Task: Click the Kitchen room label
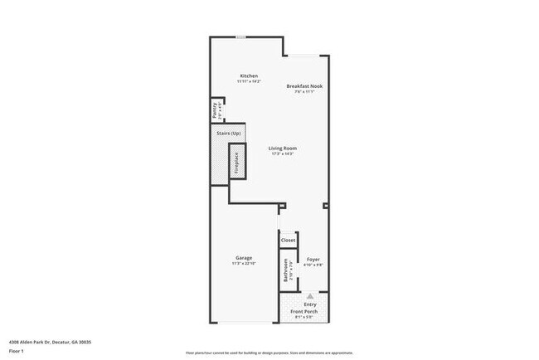pos(250,75)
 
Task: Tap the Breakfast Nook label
pos(303,86)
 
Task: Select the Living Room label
pos(283,148)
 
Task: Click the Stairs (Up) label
pos(229,133)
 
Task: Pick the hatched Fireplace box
pos(236,163)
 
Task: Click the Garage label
pos(243,258)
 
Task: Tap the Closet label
pos(288,241)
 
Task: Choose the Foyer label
pos(313,260)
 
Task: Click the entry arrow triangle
pos(310,294)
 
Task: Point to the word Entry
pos(310,304)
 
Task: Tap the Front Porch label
pos(310,311)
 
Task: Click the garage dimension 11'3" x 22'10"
pos(243,264)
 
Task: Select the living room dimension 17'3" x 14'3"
pos(283,154)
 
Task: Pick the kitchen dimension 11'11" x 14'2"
pos(250,81)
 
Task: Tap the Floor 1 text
pos(17,351)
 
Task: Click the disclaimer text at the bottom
pos(269,353)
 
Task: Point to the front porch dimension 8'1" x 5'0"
pos(310,317)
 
